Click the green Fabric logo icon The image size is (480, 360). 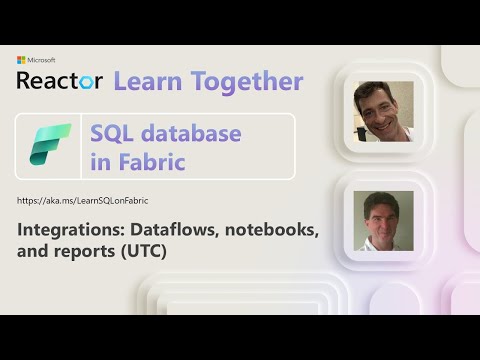(50, 146)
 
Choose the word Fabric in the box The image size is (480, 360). (150, 161)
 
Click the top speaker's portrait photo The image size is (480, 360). (385, 112)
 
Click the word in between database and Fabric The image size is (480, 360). (101, 161)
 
